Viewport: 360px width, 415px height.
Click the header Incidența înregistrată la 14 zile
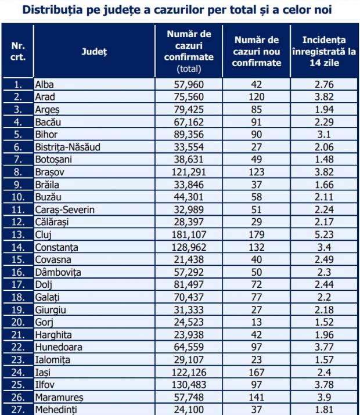click(x=324, y=52)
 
